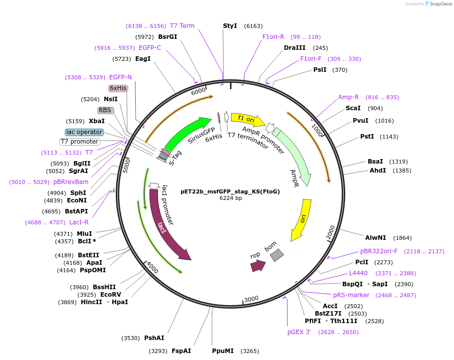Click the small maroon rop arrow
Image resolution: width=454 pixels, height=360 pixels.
tap(257, 265)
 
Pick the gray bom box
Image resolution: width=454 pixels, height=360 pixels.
tap(276, 255)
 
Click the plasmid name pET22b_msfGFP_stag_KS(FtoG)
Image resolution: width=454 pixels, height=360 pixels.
tap(230, 191)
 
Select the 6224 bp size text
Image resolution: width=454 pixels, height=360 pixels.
tap(230, 198)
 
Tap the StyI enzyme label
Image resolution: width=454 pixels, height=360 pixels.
tap(230, 26)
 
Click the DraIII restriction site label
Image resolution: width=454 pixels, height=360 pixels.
tap(294, 48)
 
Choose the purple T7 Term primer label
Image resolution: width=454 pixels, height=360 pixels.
tap(182, 26)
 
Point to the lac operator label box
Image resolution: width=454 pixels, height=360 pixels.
tap(84, 132)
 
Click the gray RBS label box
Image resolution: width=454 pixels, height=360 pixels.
tap(105, 110)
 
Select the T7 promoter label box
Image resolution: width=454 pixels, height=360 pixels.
tap(80, 142)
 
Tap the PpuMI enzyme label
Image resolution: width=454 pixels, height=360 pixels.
tap(223, 351)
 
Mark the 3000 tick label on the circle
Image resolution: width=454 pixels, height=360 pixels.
tap(251, 299)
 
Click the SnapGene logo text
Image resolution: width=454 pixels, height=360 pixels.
tap(439, 4)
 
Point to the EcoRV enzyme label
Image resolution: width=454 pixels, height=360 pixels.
tap(111, 294)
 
